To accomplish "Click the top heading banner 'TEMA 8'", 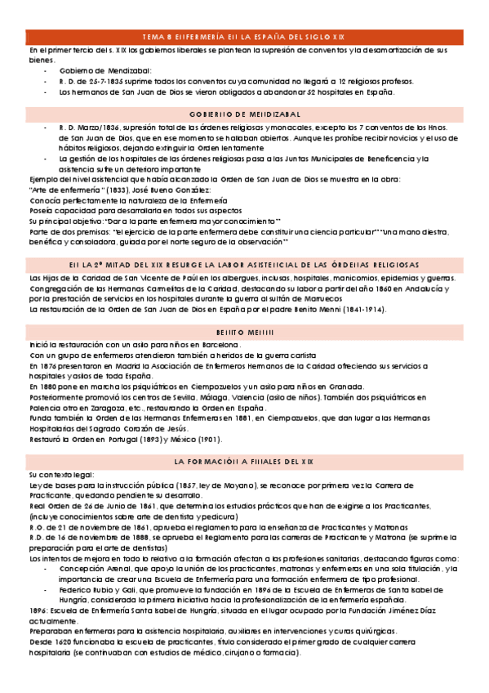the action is coord(243,38).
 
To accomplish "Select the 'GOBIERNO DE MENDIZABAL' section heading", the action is coord(243,114).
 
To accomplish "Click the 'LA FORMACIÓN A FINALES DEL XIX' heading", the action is coord(243,462).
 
